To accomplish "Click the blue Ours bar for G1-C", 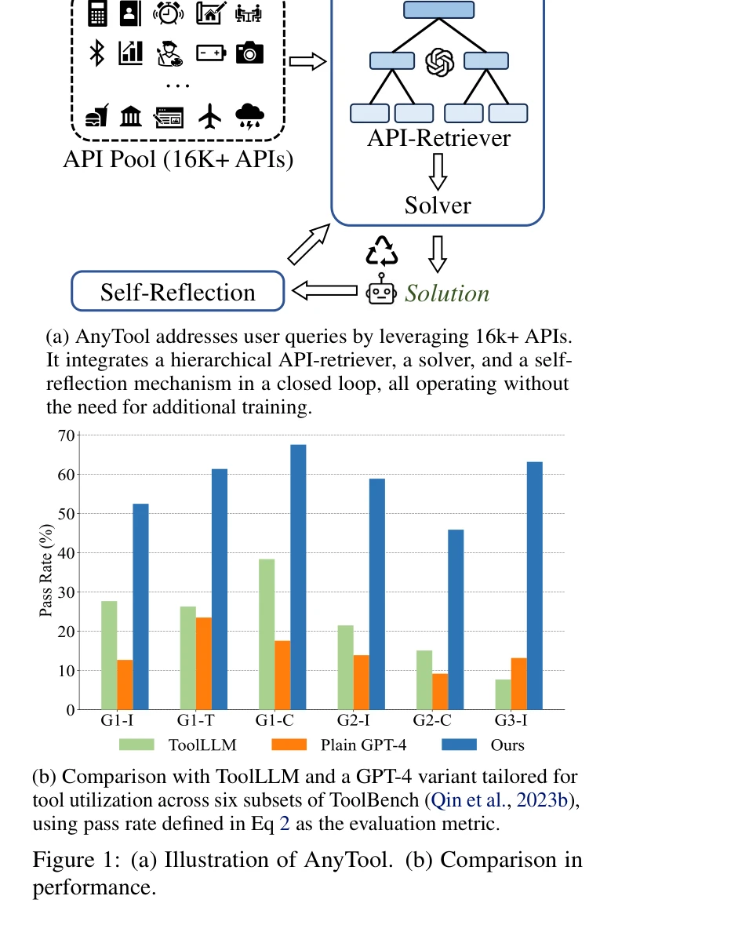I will point(298,577).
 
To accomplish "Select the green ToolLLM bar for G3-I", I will point(502,694).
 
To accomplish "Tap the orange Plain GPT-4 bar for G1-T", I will point(204,663).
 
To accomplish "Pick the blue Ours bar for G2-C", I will point(456,620).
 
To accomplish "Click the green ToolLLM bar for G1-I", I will point(109,655).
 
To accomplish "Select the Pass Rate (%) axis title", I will point(46,572).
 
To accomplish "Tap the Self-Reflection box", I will point(177,292).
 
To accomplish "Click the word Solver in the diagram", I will point(438,206).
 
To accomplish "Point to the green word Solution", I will point(447,293).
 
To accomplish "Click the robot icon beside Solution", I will point(382,290).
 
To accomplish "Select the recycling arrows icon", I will point(382,250).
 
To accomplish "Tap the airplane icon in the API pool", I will point(210,117).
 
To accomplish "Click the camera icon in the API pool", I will point(249,53).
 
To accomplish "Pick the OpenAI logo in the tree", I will point(439,62).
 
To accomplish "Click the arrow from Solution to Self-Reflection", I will point(325,291).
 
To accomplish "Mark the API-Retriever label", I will point(438,138).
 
